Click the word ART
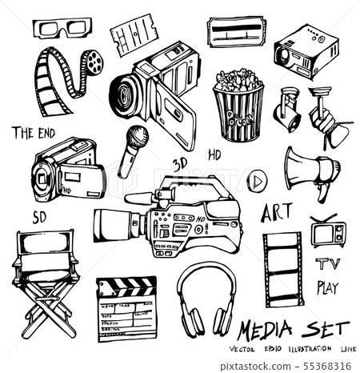[276, 213]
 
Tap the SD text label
[40, 216]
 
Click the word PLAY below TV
[328, 286]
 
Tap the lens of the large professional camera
[108, 222]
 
